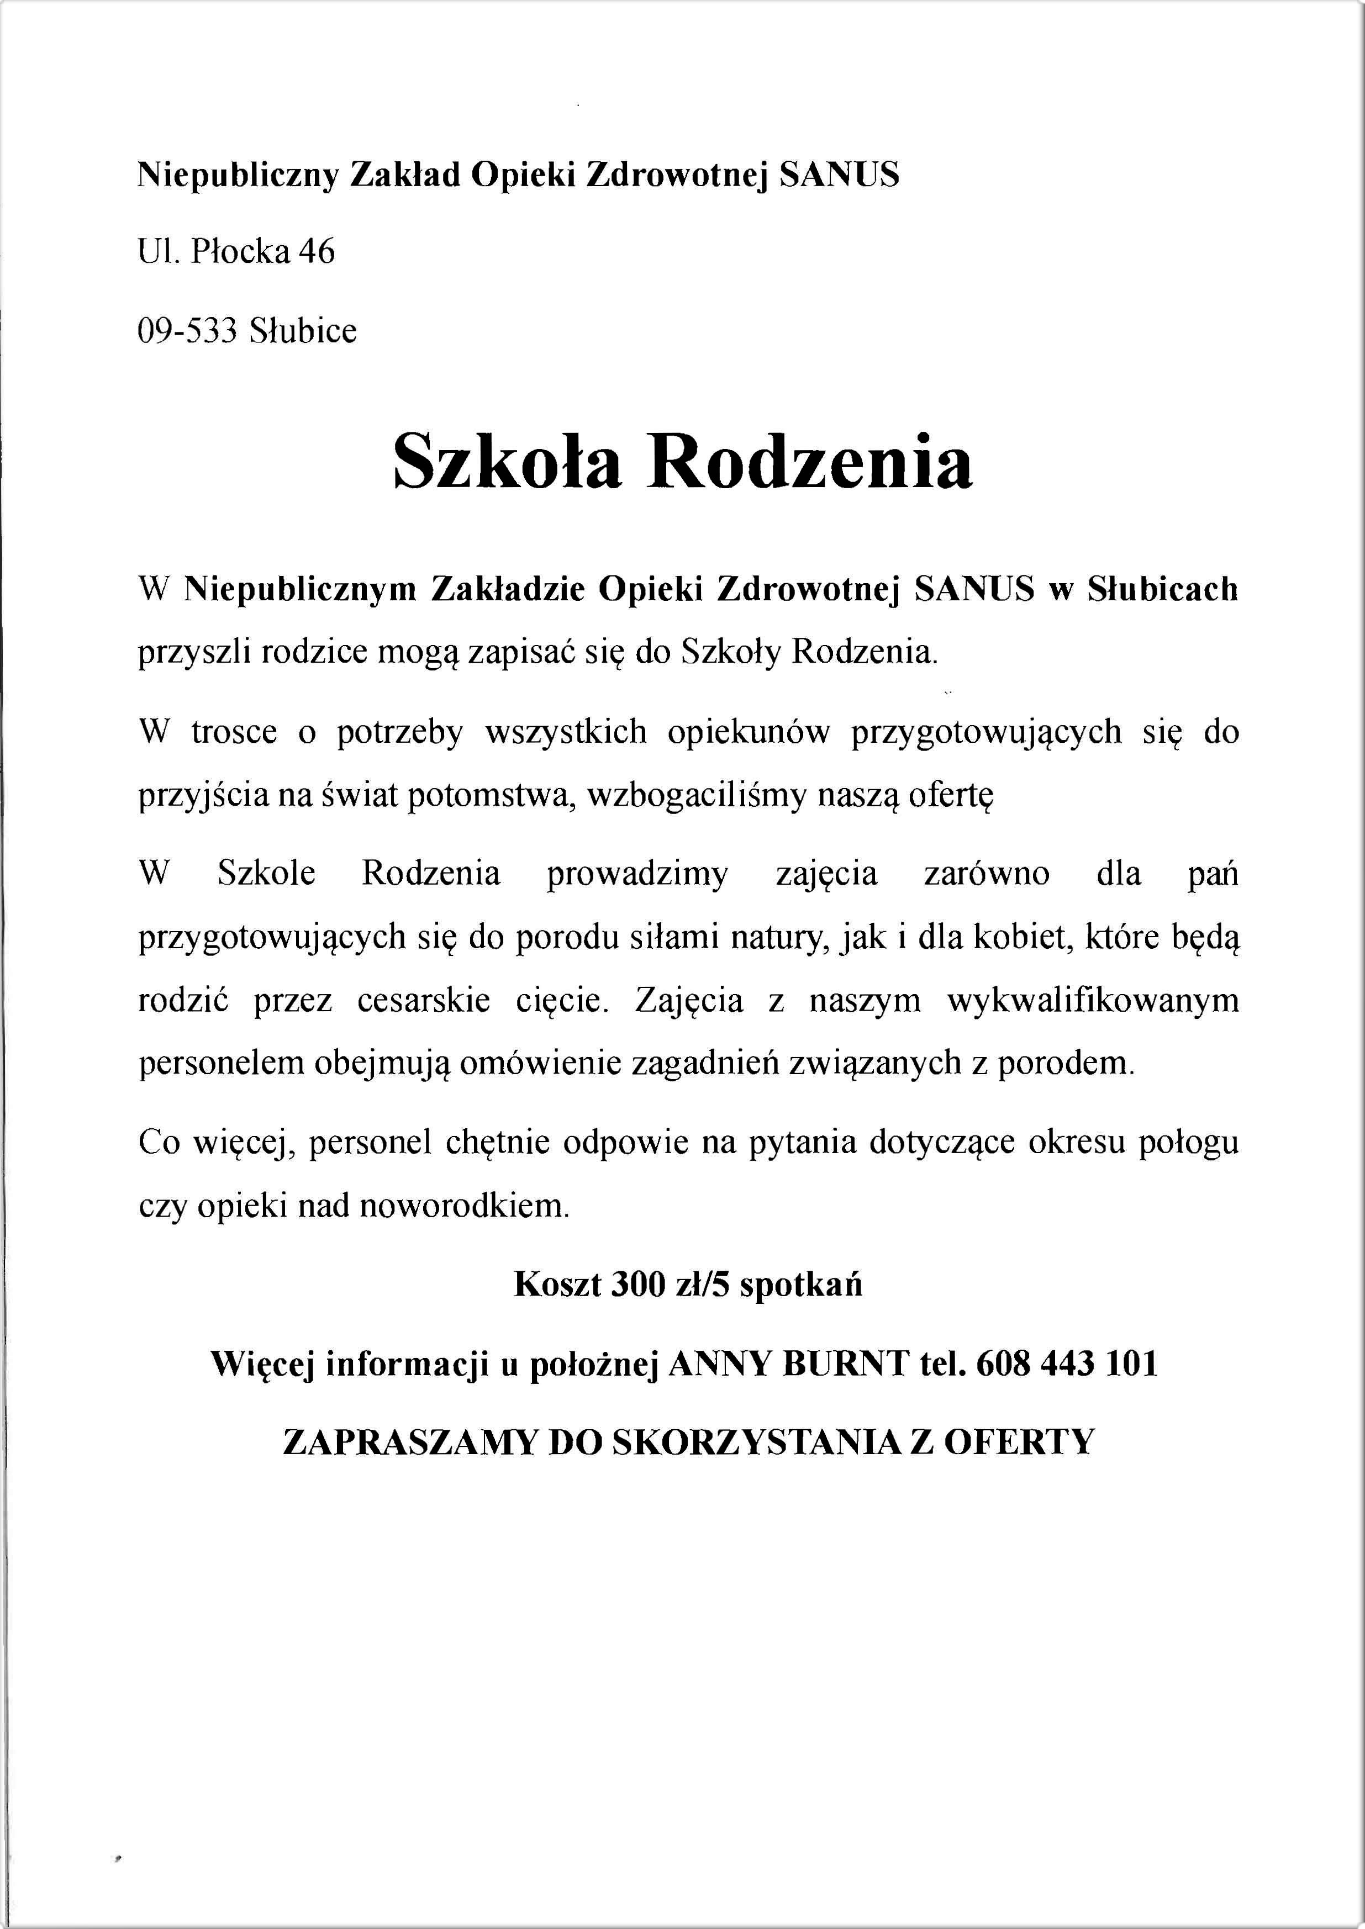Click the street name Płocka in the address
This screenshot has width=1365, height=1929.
pos(240,252)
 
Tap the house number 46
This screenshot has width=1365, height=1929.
pos(316,252)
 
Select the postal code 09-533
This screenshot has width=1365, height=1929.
pos(187,331)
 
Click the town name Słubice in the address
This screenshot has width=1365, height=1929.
pos(303,331)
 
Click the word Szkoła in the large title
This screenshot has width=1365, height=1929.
pos(508,462)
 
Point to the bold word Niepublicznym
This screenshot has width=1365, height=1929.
pos(301,590)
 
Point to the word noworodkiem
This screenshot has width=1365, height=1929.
pos(464,1207)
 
